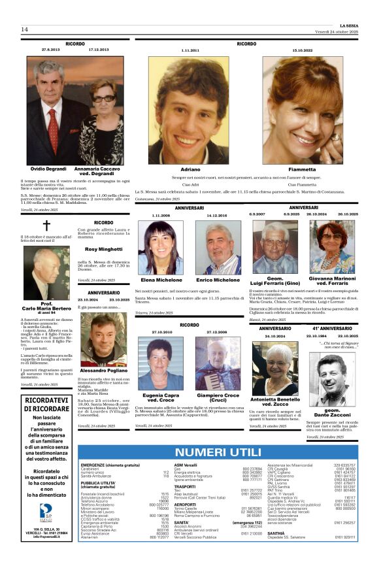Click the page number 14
(24, 29)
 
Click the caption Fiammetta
(302, 169)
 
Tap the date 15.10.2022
(303, 50)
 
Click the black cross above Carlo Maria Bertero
(46, 227)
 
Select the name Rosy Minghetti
(103, 250)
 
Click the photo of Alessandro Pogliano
(103, 332)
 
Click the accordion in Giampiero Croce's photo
(218, 378)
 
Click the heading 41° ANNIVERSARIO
(333, 328)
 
